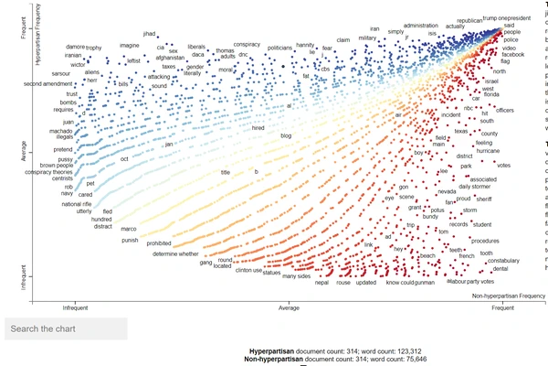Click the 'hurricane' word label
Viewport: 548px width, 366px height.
490,151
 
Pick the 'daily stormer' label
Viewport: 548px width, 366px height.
475,187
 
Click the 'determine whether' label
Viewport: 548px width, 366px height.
175,253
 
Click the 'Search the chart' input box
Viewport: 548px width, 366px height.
64,328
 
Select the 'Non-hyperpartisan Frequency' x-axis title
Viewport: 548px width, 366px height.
508,296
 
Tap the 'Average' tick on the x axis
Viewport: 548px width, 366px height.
288,307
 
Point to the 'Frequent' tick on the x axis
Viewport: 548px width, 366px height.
502,307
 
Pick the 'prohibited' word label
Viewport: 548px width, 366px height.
159,243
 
